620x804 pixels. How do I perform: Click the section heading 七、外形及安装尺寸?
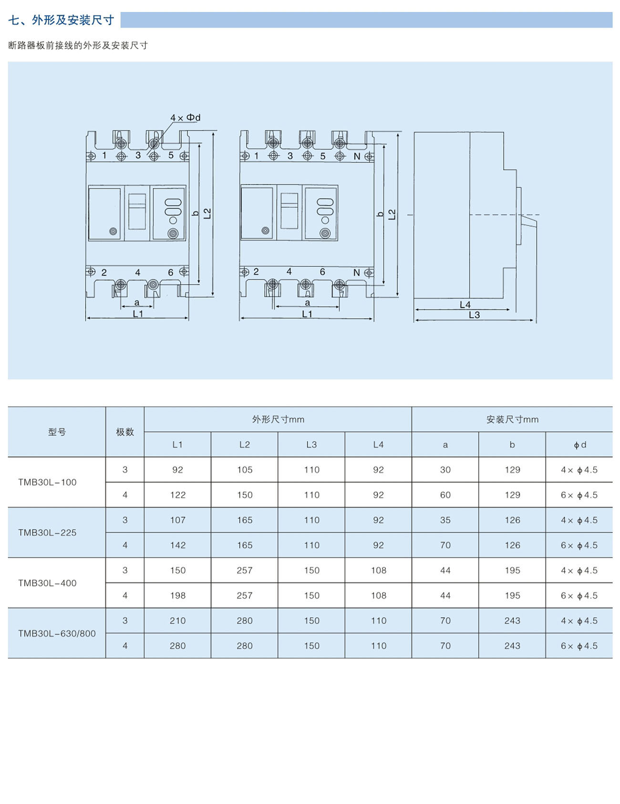[62, 20]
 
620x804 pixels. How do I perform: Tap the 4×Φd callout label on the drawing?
[185, 118]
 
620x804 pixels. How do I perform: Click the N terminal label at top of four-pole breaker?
[356, 156]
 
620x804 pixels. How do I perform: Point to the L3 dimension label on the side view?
[474, 315]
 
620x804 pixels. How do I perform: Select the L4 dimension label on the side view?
[465, 305]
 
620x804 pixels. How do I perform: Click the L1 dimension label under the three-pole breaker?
[138, 314]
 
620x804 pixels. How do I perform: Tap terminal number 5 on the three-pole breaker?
[171, 155]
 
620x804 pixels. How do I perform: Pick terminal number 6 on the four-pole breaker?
[322, 271]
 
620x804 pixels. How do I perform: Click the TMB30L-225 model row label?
[47, 533]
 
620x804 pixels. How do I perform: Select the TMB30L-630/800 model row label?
[57, 633]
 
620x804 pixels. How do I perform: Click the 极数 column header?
[125, 432]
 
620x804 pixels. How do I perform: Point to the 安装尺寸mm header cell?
[512, 420]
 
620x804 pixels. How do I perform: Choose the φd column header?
[579, 445]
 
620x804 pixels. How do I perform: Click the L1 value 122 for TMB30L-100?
[177, 495]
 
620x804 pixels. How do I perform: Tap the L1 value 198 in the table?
[177, 595]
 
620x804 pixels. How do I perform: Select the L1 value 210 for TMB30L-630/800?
[177, 621]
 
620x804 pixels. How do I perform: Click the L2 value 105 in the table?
[245, 470]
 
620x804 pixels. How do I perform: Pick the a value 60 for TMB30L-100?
[445, 495]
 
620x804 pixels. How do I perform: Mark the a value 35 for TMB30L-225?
[445, 520]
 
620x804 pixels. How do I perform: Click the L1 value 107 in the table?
[177, 520]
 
